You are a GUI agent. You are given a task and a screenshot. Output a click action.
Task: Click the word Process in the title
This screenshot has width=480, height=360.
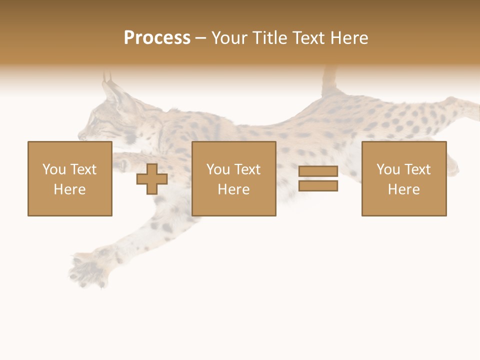[x=157, y=38]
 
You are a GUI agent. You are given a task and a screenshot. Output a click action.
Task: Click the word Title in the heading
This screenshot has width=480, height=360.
[x=270, y=38]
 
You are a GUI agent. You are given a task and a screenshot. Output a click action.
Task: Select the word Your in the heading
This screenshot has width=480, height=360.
[x=229, y=38]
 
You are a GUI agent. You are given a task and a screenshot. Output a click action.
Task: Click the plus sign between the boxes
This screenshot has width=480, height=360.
[x=152, y=179]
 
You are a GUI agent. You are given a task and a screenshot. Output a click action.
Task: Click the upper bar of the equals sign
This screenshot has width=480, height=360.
[x=318, y=171]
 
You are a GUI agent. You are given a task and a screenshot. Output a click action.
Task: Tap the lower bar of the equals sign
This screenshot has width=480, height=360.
[x=318, y=185]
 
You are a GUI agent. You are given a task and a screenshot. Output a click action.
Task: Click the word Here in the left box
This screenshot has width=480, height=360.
[x=69, y=189]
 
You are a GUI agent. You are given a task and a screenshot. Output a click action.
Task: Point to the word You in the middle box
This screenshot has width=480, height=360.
[x=218, y=169]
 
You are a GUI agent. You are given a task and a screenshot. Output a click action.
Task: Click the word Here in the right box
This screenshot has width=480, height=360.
[x=403, y=189]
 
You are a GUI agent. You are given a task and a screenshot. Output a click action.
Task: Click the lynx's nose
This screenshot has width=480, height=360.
[x=81, y=135]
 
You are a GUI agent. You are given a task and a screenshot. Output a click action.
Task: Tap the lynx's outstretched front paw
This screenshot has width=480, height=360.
[x=85, y=270]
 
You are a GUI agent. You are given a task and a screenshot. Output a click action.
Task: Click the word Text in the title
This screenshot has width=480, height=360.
[x=307, y=38]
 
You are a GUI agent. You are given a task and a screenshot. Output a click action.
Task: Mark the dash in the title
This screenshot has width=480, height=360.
[x=200, y=38]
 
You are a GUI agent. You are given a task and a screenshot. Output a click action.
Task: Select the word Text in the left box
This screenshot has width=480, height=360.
[x=83, y=169]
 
